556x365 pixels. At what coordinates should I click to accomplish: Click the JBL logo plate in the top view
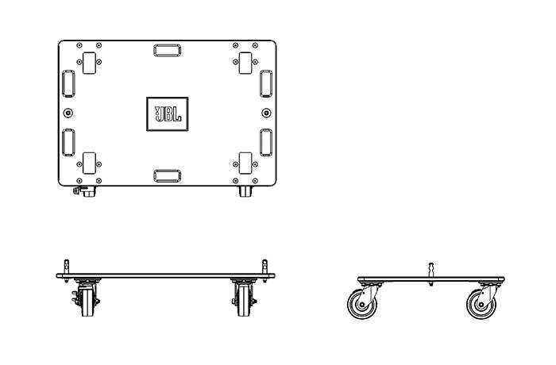point(168,114)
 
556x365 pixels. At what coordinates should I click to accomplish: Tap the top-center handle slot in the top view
point(168,50)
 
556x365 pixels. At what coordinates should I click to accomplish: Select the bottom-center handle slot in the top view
point(168,176)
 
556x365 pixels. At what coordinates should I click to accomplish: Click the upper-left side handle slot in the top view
point(68,83)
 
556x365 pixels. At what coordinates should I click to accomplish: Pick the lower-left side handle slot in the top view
point(68,143)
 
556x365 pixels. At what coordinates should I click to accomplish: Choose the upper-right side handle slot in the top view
point(266,83)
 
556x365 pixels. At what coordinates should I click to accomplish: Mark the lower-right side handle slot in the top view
point(266,143)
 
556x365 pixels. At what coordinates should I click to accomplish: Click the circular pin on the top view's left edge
point(68,113)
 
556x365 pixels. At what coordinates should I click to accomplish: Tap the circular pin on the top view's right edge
point(266,113)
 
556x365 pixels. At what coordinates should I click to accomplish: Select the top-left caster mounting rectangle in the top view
point(89,63)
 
